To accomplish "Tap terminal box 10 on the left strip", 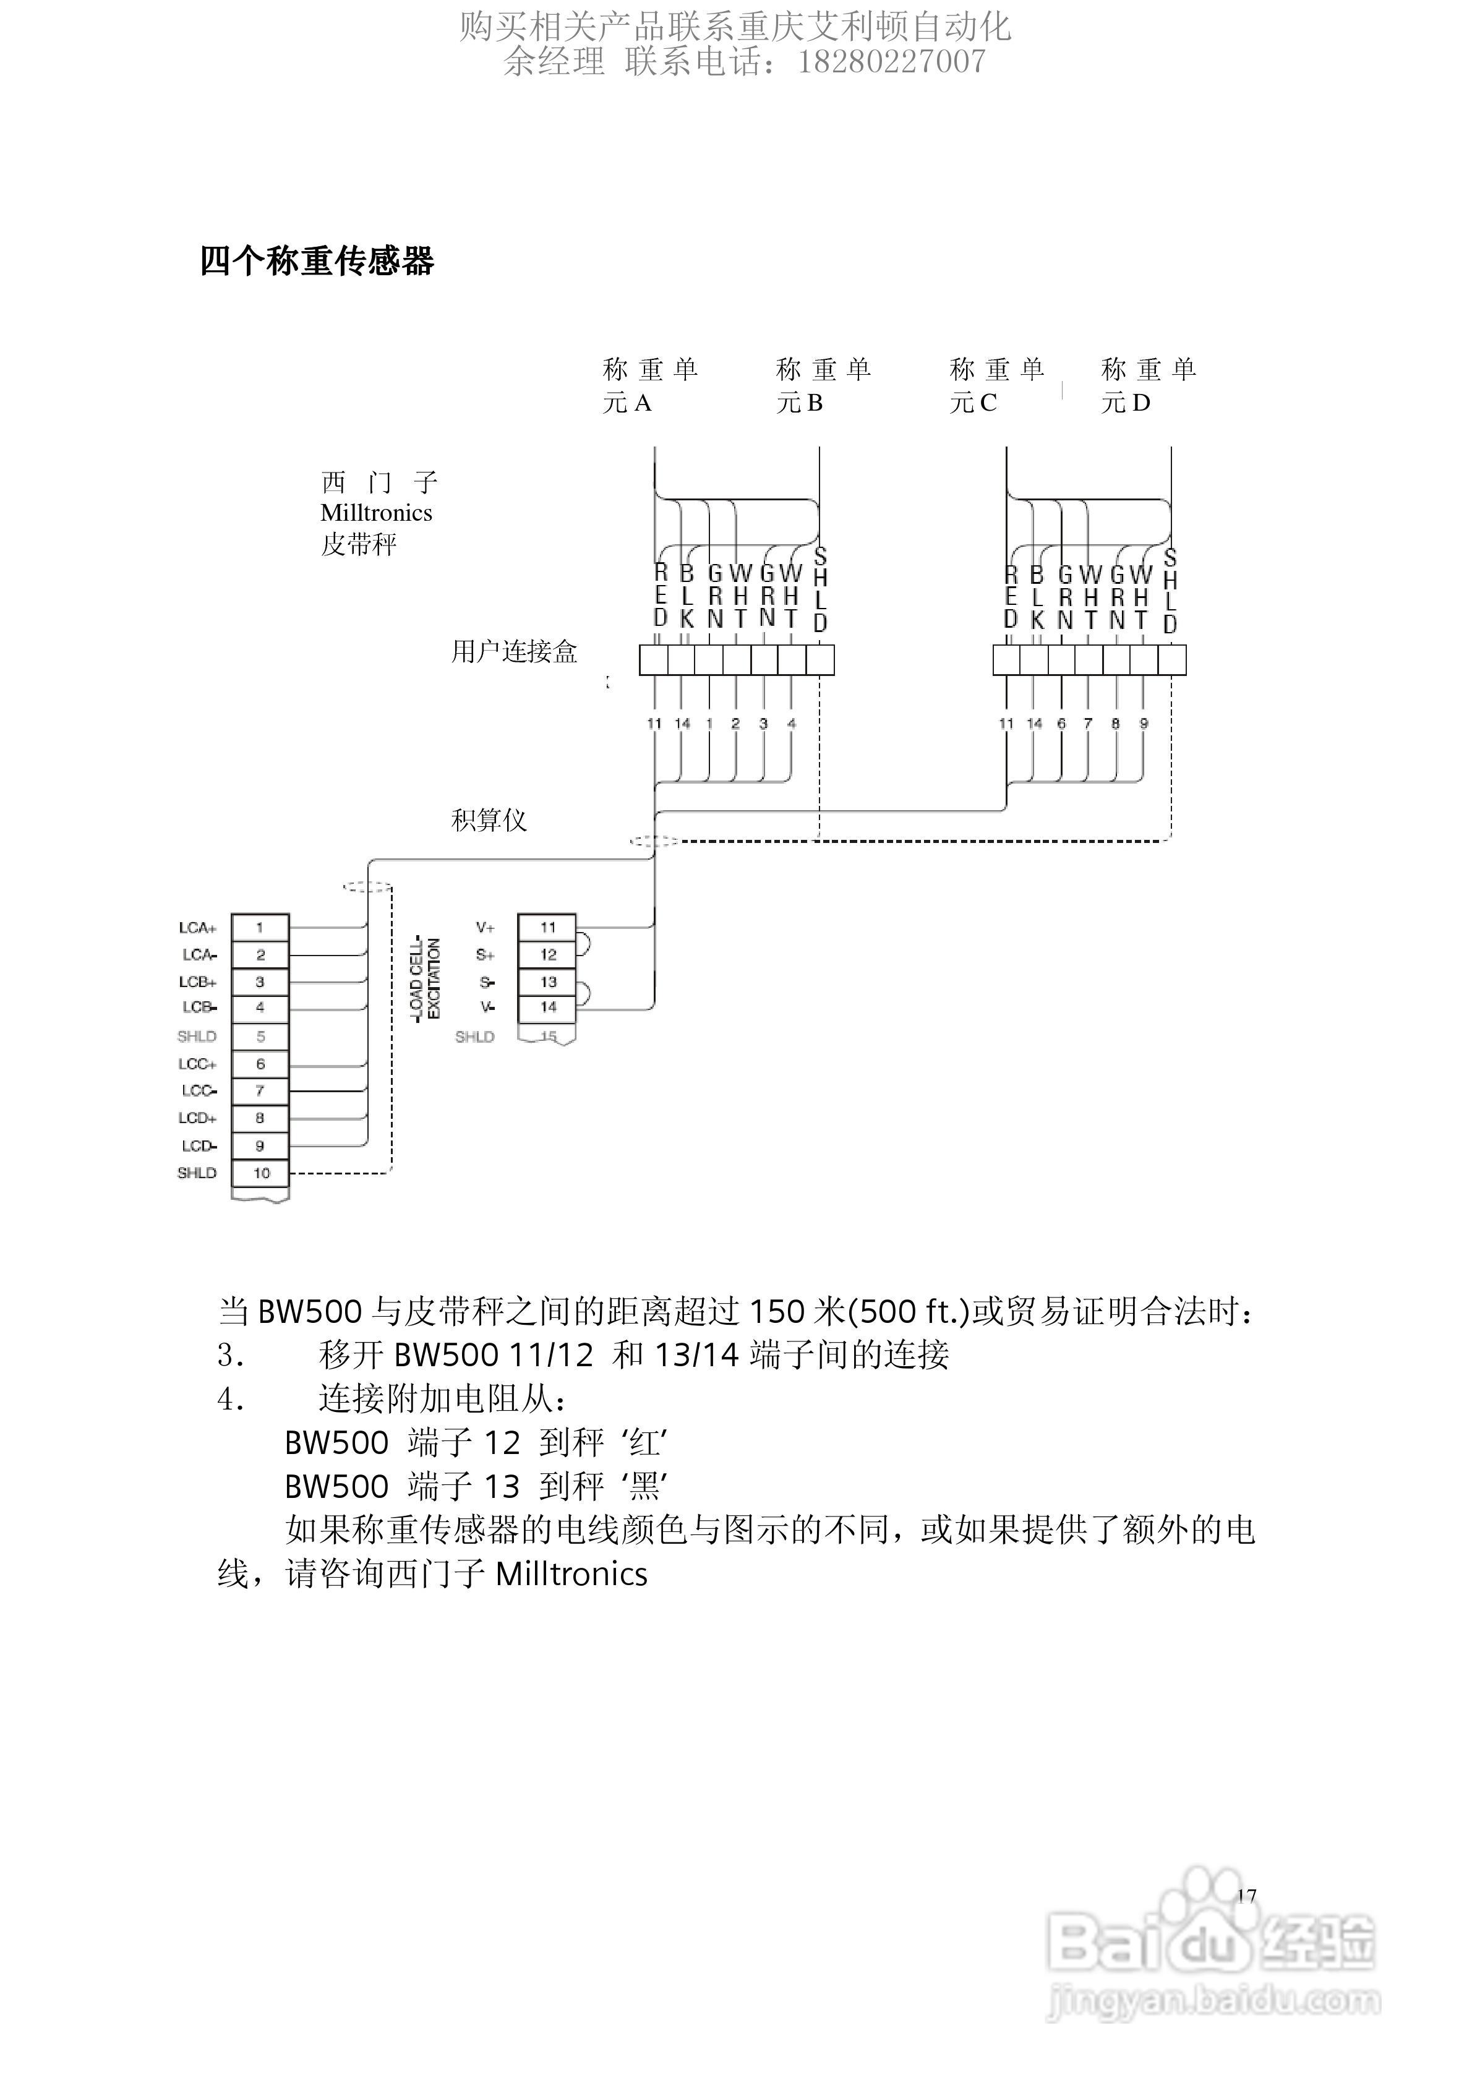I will click(x=260, y=1173).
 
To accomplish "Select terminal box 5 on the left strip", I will click(x=260, y=1036).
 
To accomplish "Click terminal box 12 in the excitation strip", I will click(x=547, y=954).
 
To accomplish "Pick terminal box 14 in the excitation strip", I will click(x=547, y=1007).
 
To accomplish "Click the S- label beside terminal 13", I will click(x=486, y=982).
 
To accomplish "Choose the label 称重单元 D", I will click(x=1148, y=385).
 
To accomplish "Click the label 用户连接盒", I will click(x=514, y=651).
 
